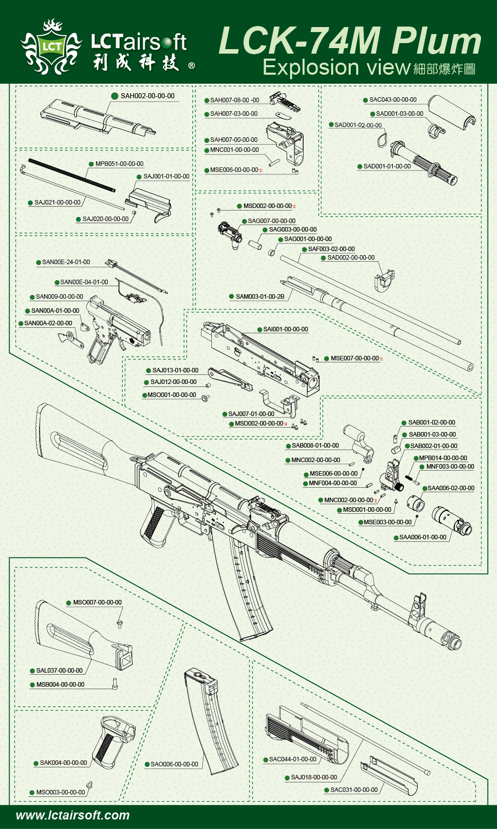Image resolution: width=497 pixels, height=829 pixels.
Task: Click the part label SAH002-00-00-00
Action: click(x=147, y=96)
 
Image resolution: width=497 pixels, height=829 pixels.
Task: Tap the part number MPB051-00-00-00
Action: click(x=119, y=164)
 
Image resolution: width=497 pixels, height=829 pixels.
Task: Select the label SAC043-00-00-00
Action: click(x=393, y=100)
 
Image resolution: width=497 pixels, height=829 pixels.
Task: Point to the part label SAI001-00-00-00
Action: click(x=286, y=329)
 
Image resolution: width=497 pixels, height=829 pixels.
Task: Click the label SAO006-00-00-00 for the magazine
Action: click(x=174, y=764)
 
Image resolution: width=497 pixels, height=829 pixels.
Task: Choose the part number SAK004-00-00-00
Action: click(x=63, y=763)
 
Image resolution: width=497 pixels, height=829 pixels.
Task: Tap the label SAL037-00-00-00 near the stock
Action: click(x=59, y=671)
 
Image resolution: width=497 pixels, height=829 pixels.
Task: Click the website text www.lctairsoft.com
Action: click(x=73, y=815)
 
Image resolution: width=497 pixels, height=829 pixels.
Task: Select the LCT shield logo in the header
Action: click(x=52, y=48)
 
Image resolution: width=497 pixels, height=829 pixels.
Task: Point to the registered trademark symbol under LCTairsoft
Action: click(x=191, y=66)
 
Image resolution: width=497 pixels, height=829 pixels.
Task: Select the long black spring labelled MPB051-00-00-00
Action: click(x=72, y=175)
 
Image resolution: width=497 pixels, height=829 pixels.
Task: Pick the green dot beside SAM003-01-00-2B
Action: click(x=231, y=297)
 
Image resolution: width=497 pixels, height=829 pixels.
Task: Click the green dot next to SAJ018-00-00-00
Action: click(x=287, y=778)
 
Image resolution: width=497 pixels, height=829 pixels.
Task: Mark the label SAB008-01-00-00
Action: click(x=315, y=446)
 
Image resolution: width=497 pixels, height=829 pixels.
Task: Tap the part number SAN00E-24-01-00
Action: click(x=66, y=262)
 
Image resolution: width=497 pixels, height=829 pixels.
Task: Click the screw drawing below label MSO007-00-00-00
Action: click(x=119, y=623)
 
